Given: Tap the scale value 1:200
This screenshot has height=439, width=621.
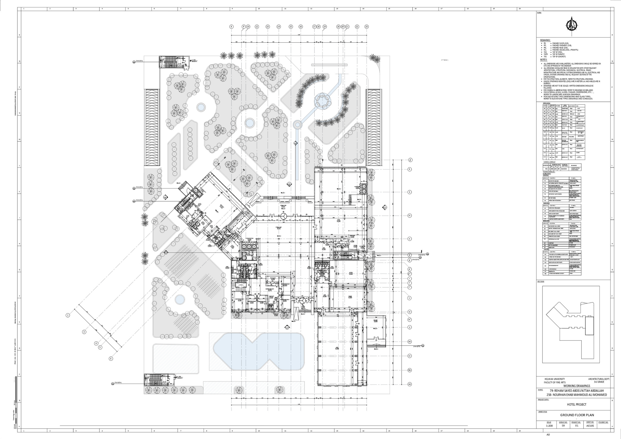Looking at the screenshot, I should coord(549,426).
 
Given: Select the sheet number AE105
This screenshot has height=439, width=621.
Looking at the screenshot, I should coord(590,426).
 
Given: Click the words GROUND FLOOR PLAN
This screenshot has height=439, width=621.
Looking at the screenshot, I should coord(577,415).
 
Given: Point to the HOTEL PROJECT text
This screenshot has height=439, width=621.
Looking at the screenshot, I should coord(576,404).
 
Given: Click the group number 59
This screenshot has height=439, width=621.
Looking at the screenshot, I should coord(563,426).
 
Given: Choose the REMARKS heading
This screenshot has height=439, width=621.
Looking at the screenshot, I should coord(545,40).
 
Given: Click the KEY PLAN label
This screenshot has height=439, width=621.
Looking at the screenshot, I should coord(541,281).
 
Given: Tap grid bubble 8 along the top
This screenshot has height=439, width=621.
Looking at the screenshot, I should coord(232,27).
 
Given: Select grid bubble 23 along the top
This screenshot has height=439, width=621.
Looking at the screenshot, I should coord(367,27).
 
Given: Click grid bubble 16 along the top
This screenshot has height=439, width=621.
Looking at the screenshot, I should coord(301,27).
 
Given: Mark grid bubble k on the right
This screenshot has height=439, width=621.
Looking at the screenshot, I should coord(410,192).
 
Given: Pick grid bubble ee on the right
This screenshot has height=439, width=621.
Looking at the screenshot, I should coord(410,384).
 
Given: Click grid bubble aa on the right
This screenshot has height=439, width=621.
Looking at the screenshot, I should coord(410,342).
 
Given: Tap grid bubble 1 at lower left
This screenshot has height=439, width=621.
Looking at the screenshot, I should coord(68,315).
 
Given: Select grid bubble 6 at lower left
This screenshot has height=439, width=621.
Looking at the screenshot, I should coord(111,359).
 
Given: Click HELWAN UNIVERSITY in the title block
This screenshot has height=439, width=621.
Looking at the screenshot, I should coord(555,379).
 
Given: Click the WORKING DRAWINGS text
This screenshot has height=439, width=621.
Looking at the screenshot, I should coord(577,386).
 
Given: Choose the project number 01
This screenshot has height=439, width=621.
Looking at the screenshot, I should coord(576,426).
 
